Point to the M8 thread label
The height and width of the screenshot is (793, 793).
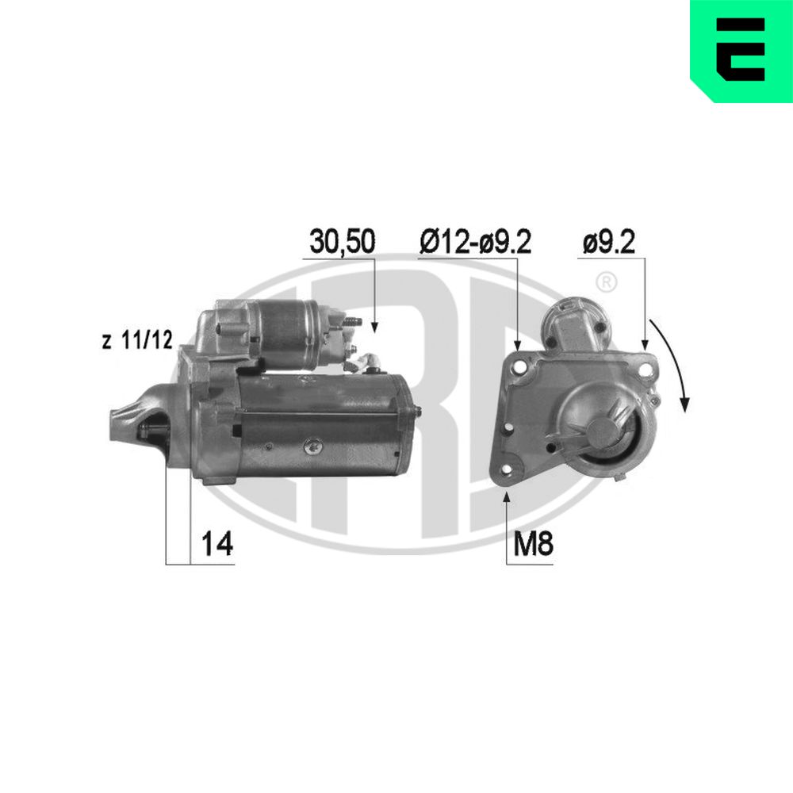532,546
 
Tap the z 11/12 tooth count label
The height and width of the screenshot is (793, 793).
136,342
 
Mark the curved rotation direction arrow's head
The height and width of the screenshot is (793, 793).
685,404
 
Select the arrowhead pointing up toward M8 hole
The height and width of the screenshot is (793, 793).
507,497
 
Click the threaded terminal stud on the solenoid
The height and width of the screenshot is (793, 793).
354,322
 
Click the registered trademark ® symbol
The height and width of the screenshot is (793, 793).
604,282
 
